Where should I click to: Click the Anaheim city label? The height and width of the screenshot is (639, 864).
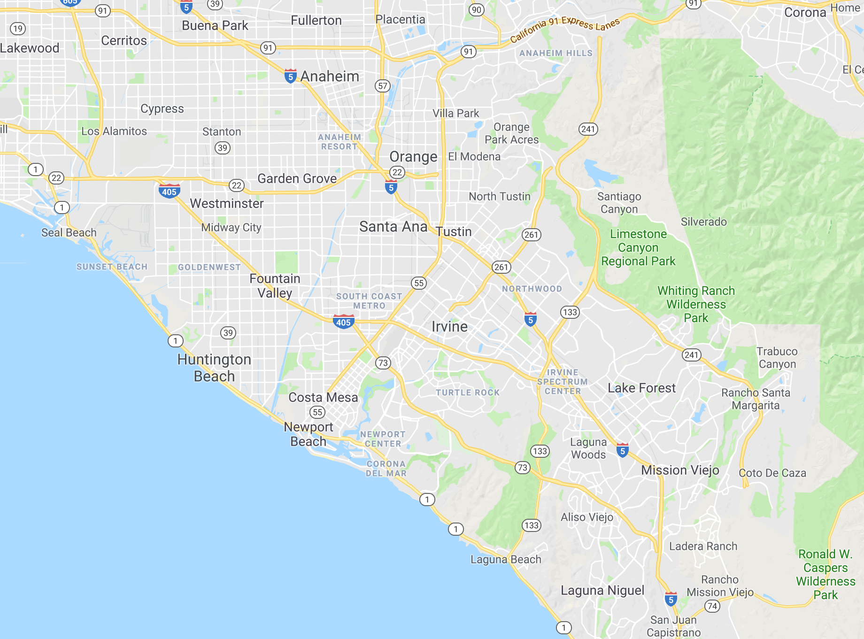pyautogui.click(x=330, y=76)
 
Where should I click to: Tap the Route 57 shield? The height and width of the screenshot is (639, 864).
pyautogui.click(x=383, y=86)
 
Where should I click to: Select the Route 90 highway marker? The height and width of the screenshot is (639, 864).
pyautogui.click(x=477, y=10)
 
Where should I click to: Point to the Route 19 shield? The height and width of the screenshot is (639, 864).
pyautogui.click(x=18, y=29)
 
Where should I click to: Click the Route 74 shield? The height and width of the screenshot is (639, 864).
pyautogui.click(x=712, y=606)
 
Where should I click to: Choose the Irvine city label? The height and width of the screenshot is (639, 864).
pyautogui.click(x=449, y=326)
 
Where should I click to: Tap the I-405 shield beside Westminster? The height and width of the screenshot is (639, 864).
pyautogui.click(x=169, y=191)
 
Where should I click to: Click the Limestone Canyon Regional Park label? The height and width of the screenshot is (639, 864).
pyautogui.click(x=638, y=247)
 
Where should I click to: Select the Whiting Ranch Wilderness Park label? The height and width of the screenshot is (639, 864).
pyautogui.click(x=696, y=304)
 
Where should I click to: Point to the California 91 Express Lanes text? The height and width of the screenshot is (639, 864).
pyautogui.click(x=565, y=29)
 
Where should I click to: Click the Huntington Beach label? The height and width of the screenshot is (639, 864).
pyautogui.click(x=214, y=368)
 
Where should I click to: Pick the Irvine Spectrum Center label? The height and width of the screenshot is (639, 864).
pyautogui.click(x=563, y=382)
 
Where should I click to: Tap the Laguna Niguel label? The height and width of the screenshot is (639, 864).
pyautogui.click(x=602, y=590)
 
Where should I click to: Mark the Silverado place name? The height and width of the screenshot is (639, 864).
pyautogui.click(x=703, y=222)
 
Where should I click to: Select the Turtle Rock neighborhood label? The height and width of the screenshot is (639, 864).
pyautogui.click(x=467, y=393)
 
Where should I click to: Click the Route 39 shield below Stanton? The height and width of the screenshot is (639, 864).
pyautogui.click(x=222, y=148)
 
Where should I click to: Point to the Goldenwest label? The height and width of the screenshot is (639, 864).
pyautogui.click(x=209, y=267)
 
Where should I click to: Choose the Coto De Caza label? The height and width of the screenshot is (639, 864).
pyautogui.click(x=772, y=473)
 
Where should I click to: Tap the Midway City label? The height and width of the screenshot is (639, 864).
pyautogui.click(x=231, y=227)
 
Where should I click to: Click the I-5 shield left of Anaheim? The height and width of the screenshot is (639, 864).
pyautogui.click(x=290, y=76)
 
